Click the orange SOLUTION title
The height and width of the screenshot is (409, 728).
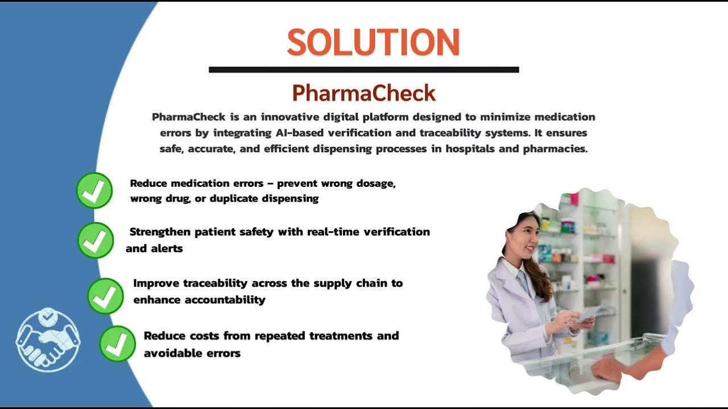click(x=373, y=43)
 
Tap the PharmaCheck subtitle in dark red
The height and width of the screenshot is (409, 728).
click(x=363, y=93)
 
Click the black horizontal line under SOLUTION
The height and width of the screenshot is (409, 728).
click(x=363, y=70)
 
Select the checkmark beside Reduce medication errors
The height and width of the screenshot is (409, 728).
click(x=94, y=190)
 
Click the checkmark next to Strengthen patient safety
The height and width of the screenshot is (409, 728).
click(x=95, y=240)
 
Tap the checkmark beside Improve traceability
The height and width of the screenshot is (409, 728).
click(x=105, y=296)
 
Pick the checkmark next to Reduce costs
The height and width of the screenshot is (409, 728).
click(x=117, y=343)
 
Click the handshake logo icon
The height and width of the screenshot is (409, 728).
click(x=48, y=340)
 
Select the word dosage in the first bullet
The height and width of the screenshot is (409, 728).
click(x=375, y=183)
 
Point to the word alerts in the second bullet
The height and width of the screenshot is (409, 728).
click(x=167, y=248)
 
